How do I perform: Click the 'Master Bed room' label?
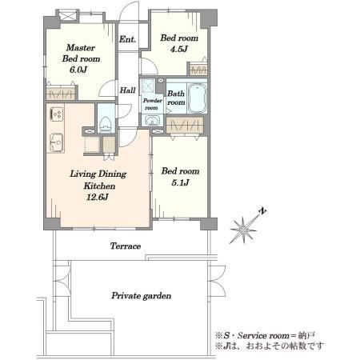point(81,53)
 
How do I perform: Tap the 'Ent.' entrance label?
point(127,39)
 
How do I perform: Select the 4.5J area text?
point(179,49)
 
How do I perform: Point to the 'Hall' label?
point(127,90)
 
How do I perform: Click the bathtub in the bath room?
point(198,98)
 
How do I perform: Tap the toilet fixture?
point(106,124)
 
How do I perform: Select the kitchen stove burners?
point(57,114)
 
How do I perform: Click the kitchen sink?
point(56,142)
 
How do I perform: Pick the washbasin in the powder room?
point(152,121)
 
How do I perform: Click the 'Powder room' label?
point(153,104)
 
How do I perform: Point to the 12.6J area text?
point(98,197)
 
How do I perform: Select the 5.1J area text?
point(180,182)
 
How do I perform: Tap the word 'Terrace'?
point(126,246)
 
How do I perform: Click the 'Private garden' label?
point(142,296)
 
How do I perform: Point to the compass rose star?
point(243,230)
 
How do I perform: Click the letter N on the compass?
point(263,211)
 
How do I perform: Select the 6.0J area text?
point(78,70)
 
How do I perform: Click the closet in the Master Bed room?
point(61,93)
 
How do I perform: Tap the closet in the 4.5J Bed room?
point(198,70)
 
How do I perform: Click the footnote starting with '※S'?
point(266,335)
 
